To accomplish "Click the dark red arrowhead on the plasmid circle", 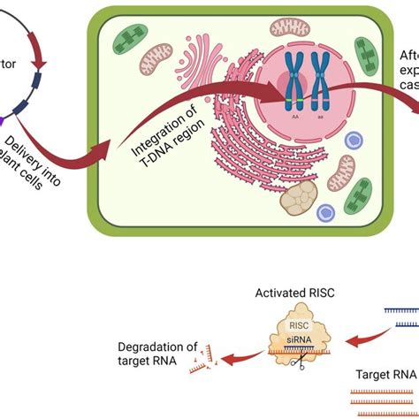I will (38, 65).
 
